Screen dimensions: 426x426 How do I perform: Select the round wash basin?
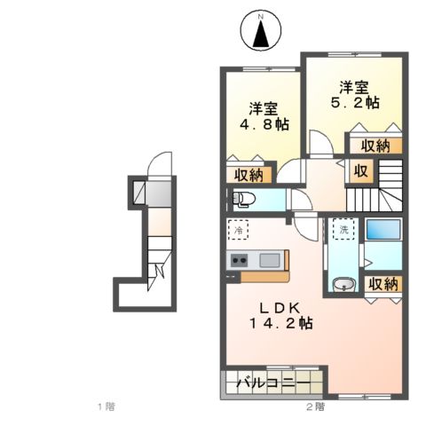click(343, 285)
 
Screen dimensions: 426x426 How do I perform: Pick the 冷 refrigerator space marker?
click(239, 229)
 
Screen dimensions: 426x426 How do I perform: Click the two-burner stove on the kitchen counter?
click(240, 260)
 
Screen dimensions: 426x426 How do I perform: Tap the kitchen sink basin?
click(270, 260)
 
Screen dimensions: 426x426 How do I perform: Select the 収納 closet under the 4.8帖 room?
click(248, 173)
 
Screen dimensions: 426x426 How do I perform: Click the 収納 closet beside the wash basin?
click(383, 284)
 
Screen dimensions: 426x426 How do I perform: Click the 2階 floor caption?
click(314, 407)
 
